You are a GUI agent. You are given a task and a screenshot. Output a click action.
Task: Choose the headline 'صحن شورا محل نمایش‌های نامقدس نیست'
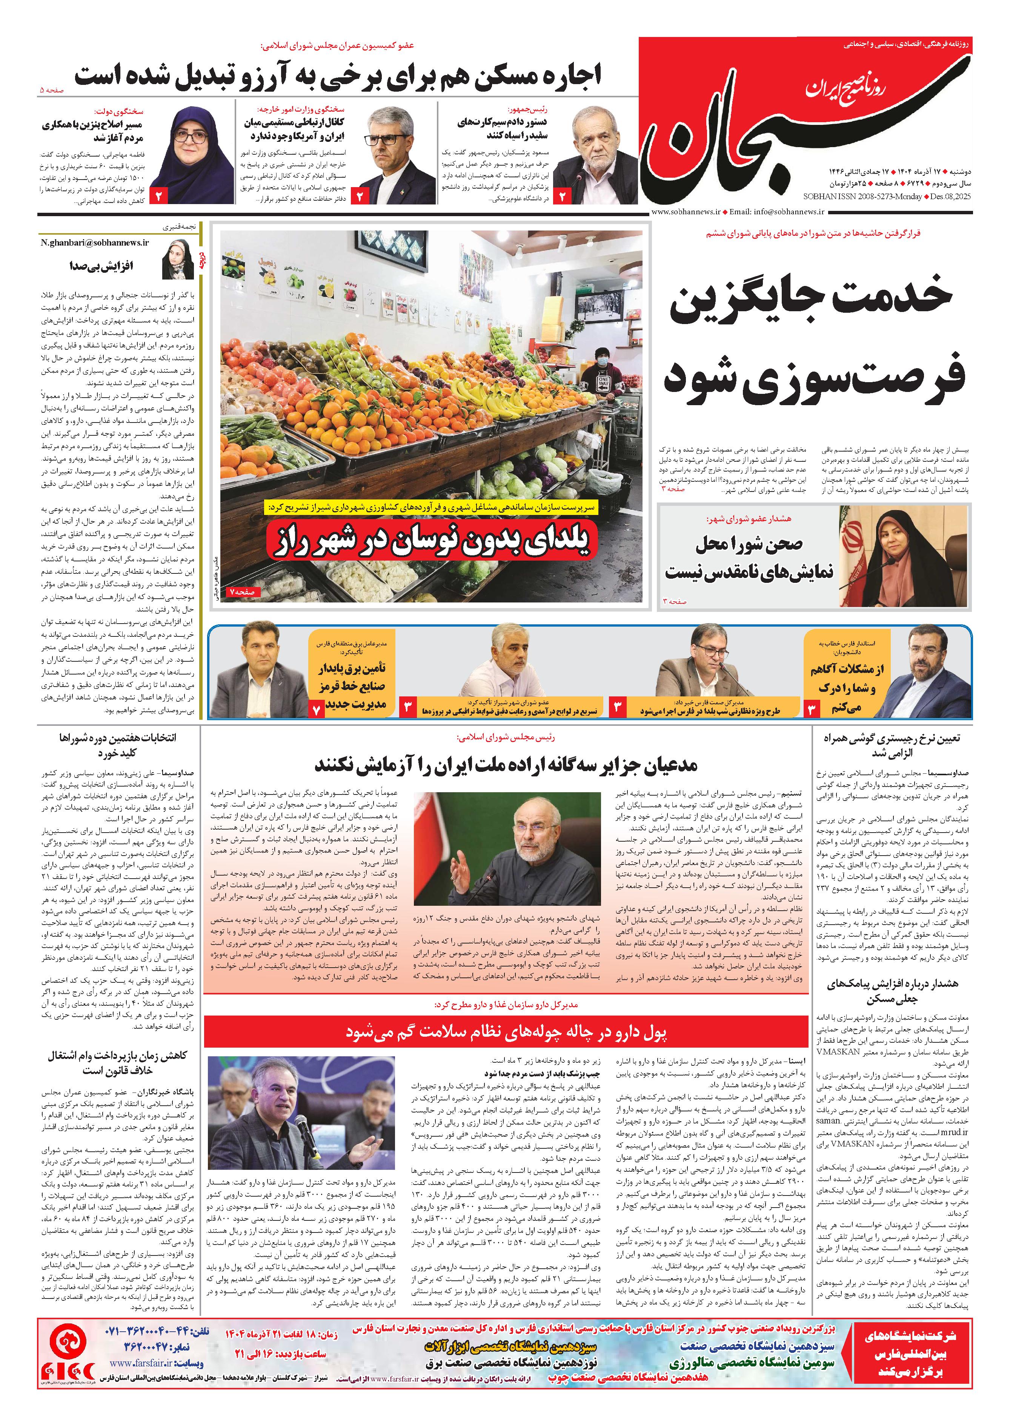[x=749, y=558]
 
